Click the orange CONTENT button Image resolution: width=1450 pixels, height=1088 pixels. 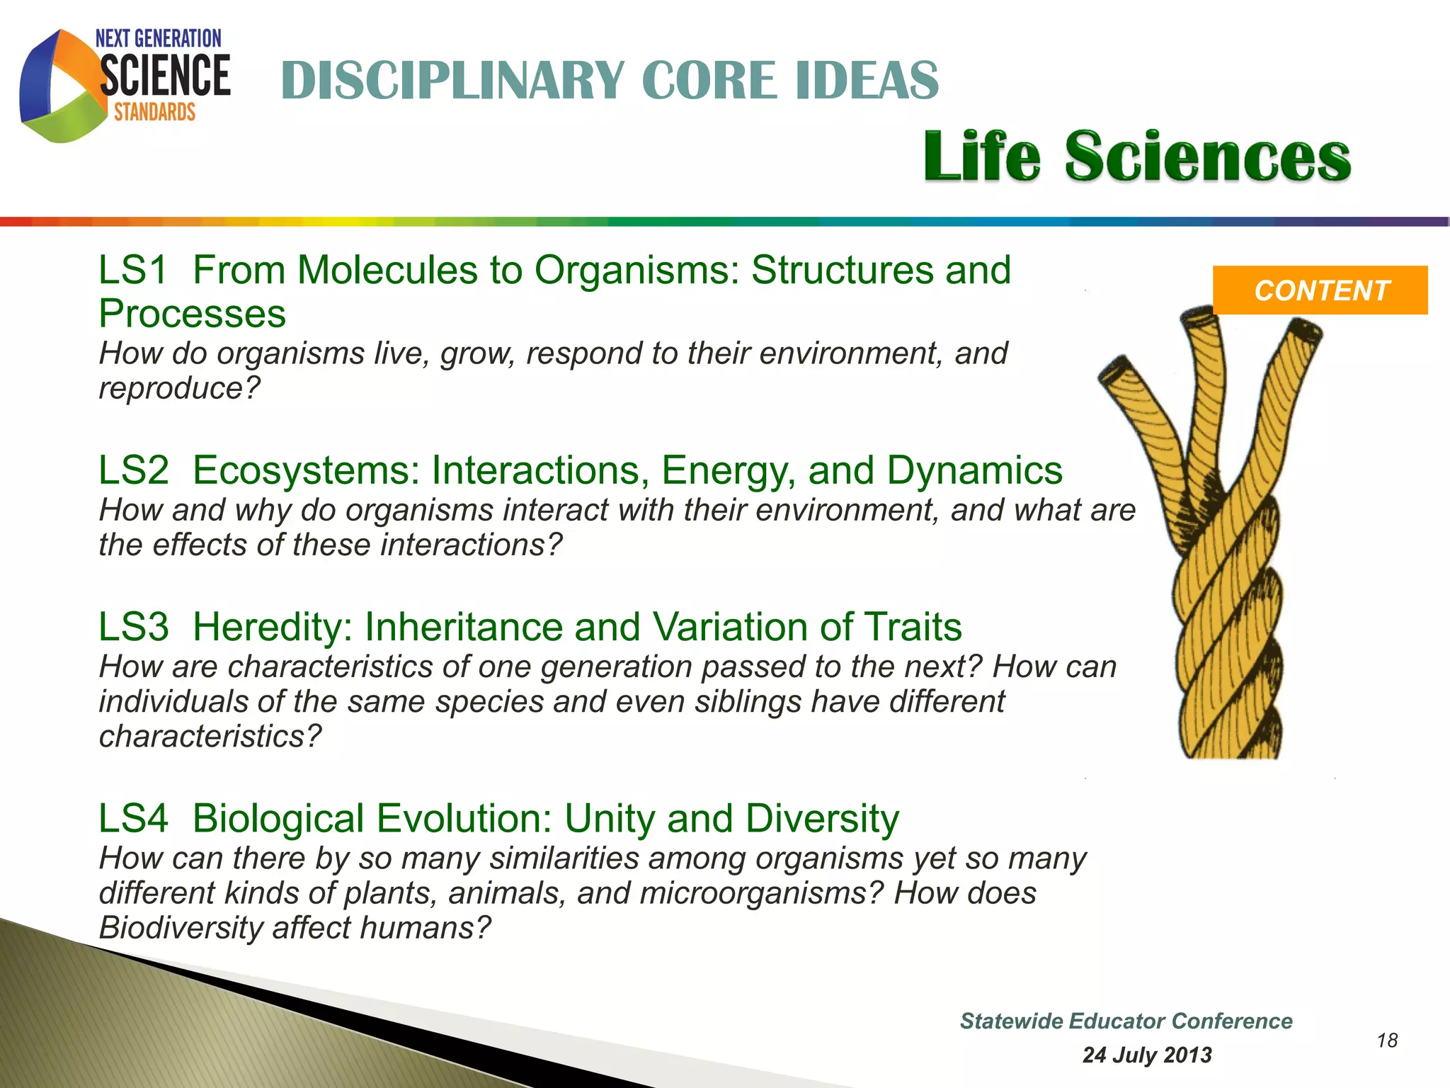(x=1320, y=290)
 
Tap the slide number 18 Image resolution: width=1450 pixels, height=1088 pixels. (x=1387, y=1040)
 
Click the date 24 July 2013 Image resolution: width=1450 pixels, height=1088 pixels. (x=1147, y=1055)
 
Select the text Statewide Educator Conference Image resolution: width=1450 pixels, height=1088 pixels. (x=1126, y=1021)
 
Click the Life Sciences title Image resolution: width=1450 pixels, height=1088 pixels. (x=1137, y=157)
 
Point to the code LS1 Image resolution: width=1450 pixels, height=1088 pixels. (x=133, y=271)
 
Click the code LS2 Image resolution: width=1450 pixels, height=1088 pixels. (x=134, y=470)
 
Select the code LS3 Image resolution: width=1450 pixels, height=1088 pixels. (x=134, y=627)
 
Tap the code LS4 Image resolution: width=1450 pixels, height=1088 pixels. (x=134, y=819)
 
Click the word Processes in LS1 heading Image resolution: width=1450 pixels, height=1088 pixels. (x=192, y=314)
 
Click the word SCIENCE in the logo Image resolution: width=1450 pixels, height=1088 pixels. (x=165, y=76)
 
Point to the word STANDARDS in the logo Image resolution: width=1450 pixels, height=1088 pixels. (x=154, y=112)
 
